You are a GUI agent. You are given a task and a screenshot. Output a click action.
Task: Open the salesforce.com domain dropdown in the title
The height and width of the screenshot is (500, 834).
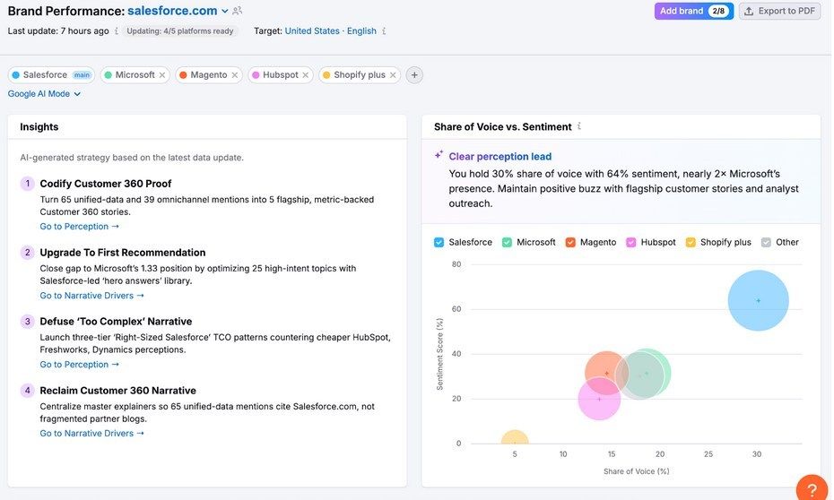(x=225, y=12)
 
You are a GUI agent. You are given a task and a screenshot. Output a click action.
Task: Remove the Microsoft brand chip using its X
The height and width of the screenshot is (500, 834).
(x=162, y=75)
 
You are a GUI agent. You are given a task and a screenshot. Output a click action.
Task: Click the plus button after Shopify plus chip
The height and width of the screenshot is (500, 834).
(x=414, y=75)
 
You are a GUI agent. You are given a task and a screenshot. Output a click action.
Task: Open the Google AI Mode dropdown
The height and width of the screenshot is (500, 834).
(x=45, y=94)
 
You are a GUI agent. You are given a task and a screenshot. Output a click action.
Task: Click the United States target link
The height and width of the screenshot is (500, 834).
(x=312, y=30)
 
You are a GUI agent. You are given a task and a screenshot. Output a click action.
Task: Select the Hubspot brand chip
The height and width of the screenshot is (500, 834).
(x=280, y=75)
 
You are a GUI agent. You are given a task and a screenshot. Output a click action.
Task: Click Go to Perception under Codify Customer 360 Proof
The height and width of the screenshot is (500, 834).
(x=79, y=227)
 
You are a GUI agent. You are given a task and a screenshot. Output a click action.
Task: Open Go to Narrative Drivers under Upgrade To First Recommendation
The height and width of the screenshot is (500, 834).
(x=91, y=296)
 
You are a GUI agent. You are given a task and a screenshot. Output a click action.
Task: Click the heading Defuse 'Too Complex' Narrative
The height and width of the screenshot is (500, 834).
(x=116, y=322)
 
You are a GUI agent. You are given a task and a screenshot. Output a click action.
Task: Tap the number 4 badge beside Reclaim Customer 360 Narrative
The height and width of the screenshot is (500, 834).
(x=27, y=391)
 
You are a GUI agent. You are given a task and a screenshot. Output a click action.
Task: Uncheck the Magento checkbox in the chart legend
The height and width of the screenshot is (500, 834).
(x=570, y=243)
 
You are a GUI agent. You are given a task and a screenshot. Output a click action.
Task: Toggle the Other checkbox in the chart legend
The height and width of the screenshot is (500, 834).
(x=766, y=243)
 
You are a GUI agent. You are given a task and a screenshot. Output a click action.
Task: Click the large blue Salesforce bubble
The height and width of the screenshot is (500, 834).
(x=758, y=300)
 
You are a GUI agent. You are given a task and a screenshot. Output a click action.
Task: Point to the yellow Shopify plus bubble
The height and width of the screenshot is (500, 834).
(x=515, y=441)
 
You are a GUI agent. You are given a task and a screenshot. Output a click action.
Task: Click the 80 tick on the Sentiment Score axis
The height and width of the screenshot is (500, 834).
(x=456, y=264)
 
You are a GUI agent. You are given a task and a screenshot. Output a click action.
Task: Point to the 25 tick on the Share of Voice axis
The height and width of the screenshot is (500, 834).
(x=708, y=454)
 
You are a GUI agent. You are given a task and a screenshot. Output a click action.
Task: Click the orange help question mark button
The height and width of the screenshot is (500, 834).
(x=812, y=489)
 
